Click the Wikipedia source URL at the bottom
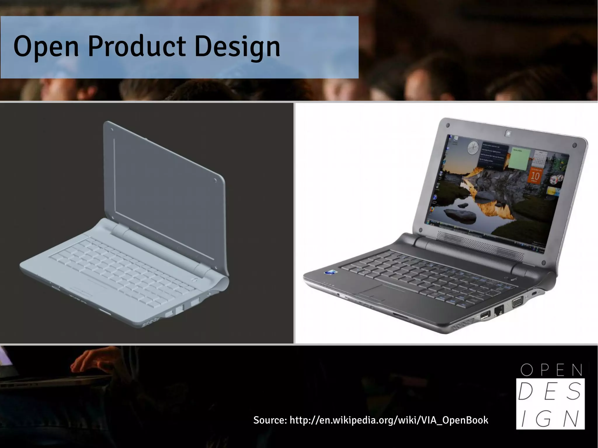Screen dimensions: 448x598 [x=389, y=420]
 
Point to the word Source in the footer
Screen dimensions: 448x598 [x=270, y=420]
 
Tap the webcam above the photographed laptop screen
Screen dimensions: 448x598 [x=508, y=133]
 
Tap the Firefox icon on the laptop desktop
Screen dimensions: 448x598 [x=432, y=210]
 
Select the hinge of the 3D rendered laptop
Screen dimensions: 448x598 [x=158, y=245]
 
